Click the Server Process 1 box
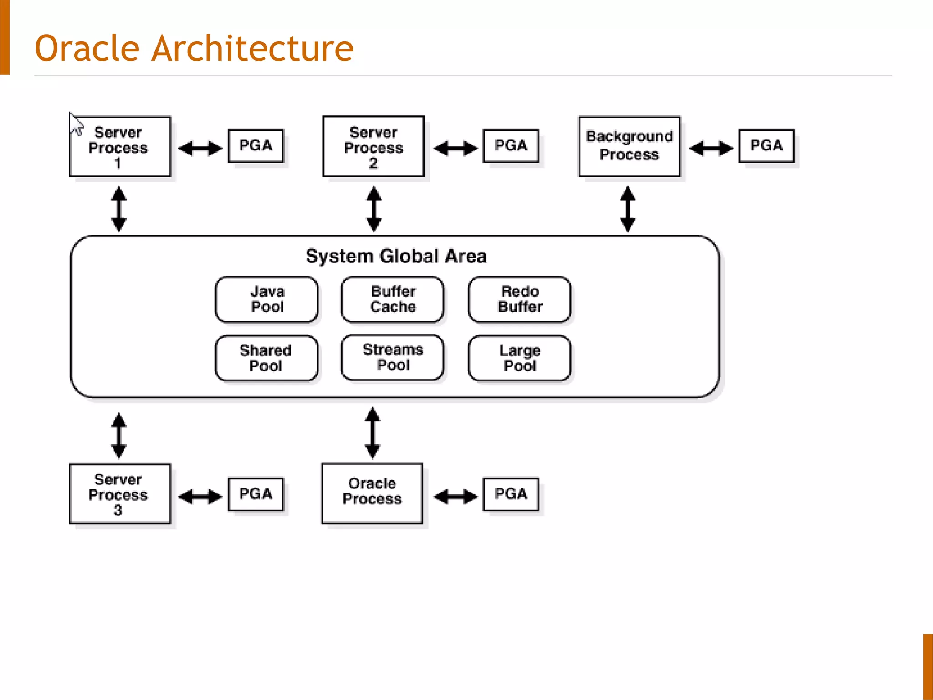pos(120,147)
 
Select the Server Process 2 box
pos(373,147)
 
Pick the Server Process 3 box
pos(120,494)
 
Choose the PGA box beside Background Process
pos(766,146)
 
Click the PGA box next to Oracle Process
pos(511,494)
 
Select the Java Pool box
pos(267,299)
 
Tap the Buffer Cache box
pos(393,299)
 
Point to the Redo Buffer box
pos(520,299)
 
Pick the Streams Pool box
pos(393,358)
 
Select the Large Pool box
pos(520,358)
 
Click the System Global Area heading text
pos(396,256)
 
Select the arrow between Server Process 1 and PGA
pos(200,149)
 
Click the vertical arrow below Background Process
pos(628,209)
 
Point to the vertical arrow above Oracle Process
pos(373,433)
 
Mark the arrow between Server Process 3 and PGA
pos(200,497)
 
